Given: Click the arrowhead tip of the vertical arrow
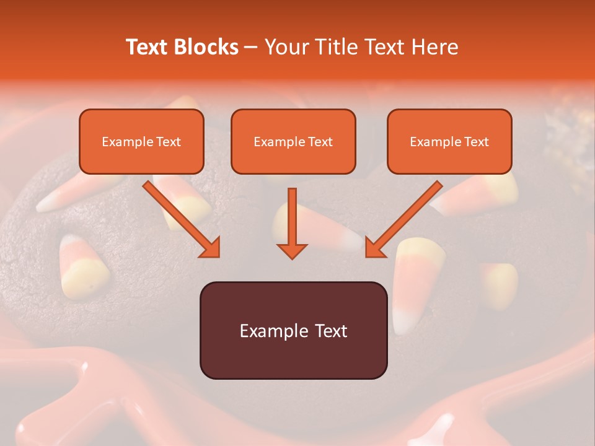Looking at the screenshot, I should (292, 256).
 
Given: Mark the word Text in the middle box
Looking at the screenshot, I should (320, 142).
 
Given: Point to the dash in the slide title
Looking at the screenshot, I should (252, 47).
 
